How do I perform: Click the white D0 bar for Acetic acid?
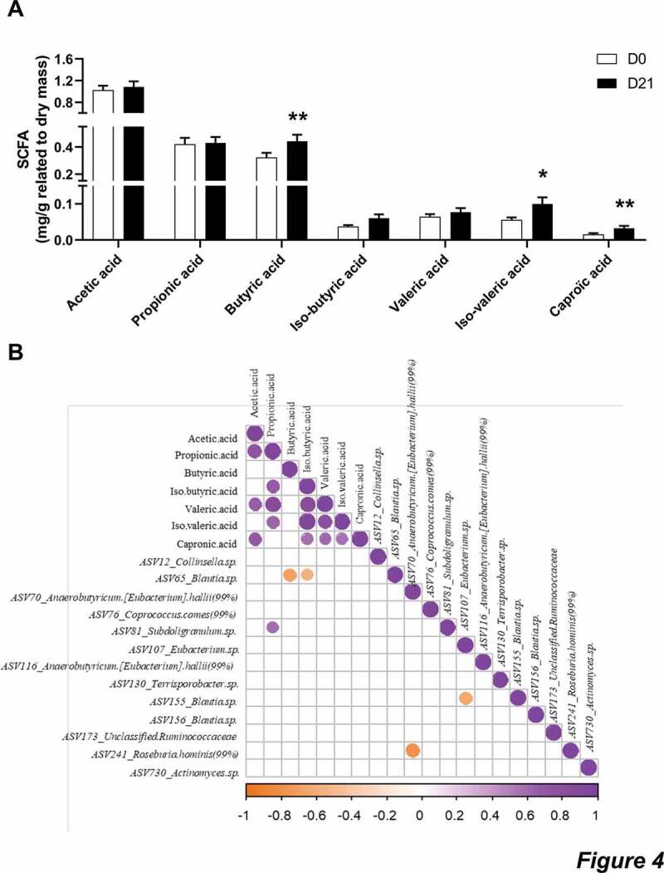point(103,166)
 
